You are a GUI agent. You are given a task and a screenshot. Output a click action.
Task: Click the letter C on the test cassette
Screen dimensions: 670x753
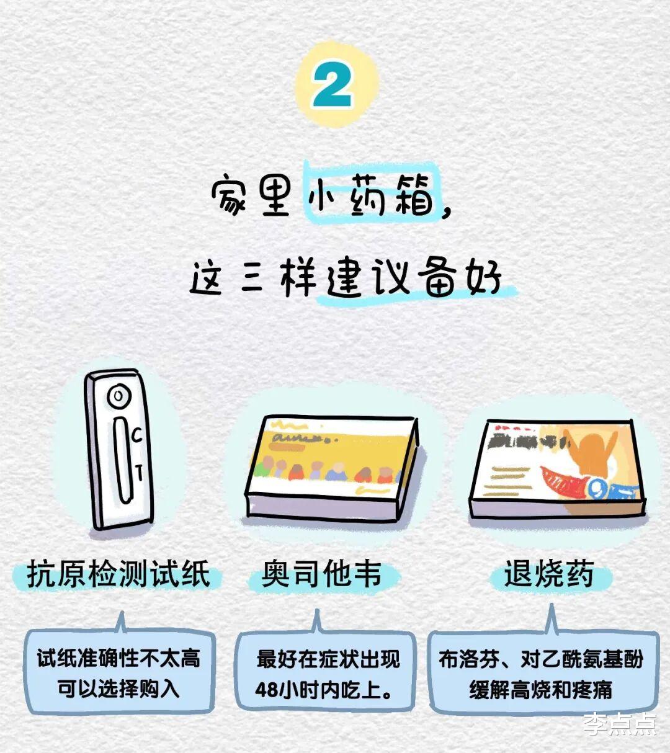pyautogui.click(x=137, y=435)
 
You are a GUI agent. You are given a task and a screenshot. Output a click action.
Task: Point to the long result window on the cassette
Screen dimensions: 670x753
pyautogui.click(x=123, y=460)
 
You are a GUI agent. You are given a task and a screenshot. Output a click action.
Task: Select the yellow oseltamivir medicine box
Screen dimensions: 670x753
pyautogui.click(x=332, y=468)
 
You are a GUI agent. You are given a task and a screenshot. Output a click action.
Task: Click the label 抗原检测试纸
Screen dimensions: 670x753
pyautogui.click(x=118, y=574)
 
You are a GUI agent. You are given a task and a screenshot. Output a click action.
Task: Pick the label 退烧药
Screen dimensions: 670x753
pyautogui.click(x=549, y=574)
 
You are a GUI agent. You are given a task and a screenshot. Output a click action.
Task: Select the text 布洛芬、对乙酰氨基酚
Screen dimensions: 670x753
pyautogui.click(x=540, y=659)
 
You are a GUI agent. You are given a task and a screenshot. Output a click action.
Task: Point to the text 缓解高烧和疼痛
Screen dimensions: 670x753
pyautogui.click(x=540, y=690)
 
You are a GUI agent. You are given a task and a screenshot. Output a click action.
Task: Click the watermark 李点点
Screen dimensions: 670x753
pyautogui.click(x=620, y=724)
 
